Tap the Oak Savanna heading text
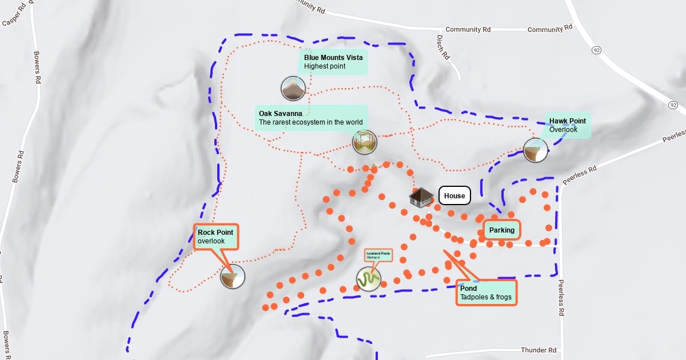280,114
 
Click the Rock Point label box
216,237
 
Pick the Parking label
502,230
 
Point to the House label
454,196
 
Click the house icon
421,198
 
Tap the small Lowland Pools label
378,254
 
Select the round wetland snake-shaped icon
369,279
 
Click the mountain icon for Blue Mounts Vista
293,89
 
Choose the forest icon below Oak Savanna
365,142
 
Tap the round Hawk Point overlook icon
536,150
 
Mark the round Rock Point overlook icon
233,277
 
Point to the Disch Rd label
444,47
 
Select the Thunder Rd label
539,350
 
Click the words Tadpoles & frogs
485,298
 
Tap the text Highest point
325,66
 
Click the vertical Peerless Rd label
562,298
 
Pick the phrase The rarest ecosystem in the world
310,122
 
